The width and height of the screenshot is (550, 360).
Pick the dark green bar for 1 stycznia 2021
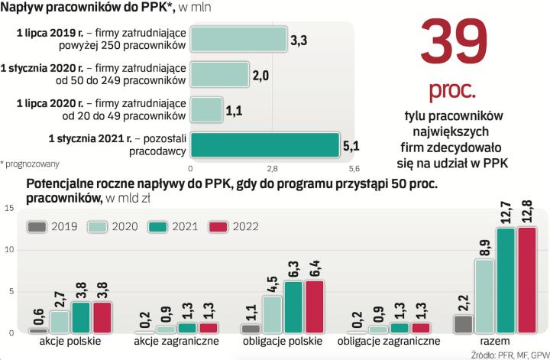[264, 144]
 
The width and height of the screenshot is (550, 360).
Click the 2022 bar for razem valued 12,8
[526, 280]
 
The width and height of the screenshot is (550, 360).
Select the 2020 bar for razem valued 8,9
[484, 296]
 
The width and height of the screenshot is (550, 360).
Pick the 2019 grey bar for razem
[462, 324]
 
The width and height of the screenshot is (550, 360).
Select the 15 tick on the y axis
[8, 207]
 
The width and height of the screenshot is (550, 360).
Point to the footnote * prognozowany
[30, 164]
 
